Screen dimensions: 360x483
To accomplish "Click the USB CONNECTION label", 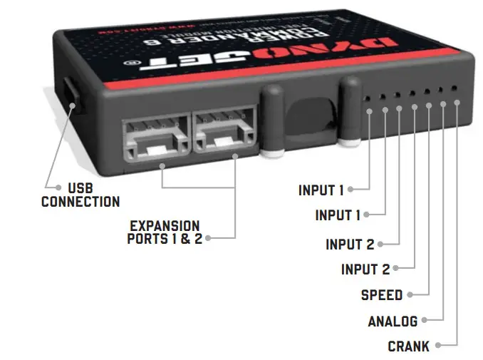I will pos(80,195).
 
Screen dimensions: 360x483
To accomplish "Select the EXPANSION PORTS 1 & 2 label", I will pos(165,232).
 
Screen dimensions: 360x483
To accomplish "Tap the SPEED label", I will pos(381,295).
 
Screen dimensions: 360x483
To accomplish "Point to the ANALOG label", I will pos(392,322).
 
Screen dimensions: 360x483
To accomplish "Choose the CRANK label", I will pos(408,347).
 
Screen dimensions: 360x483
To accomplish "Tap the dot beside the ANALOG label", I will pos(425,322).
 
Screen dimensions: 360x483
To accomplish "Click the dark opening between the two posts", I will pos(309,118).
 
